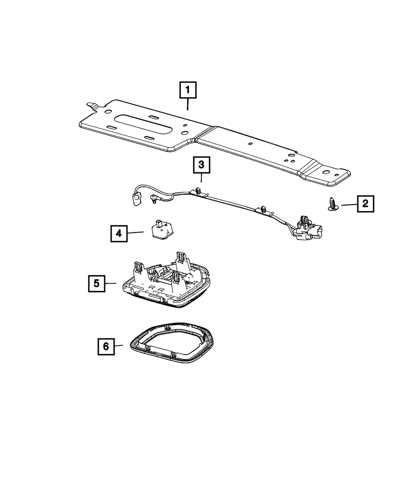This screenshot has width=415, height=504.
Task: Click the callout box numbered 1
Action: tap(188, 90)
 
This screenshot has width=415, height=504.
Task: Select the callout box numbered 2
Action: tap(365, 203)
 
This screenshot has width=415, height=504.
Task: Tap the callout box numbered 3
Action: tap(201, 165)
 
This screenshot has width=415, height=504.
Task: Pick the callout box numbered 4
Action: tap(119, 233)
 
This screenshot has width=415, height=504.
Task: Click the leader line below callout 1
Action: tap(188, 104)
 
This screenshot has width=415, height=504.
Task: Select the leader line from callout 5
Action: tap(110, 284)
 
